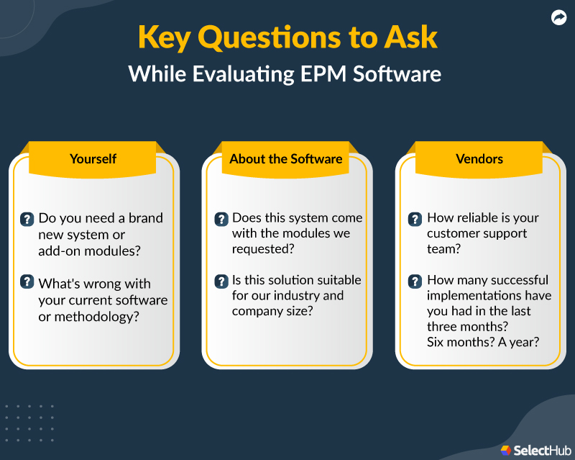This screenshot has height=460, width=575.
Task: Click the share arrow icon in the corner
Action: pyautogui.click(x=558, y=18)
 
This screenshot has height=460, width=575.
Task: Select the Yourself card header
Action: pyautogui.click(x=93, y=159)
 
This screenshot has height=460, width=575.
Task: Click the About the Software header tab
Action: pyautogui.click(x=286, y=159)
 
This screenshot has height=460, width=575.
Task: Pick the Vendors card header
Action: pyautogui.click(x=479, y=159)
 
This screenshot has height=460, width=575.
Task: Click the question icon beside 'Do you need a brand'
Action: pyautogui.click(x=27, y=219)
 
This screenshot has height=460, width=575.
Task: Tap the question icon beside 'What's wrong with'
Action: pyautogui.click(x=27, y=281)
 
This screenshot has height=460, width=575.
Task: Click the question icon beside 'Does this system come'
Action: pyautogui.click(x=221, y=219)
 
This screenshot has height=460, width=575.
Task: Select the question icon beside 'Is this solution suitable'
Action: pyautogui.click(x=221, y=281)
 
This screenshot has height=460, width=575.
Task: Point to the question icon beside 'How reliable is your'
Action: pyautogui.click(x=415, y=219)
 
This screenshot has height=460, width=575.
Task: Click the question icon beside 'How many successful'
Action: pyautogui.click(x=415, y=281)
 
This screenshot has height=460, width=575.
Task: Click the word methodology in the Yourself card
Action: pyautogui.click(x=94, y=317)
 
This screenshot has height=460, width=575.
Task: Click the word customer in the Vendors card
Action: pyautogui.click(x=451, y=234)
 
